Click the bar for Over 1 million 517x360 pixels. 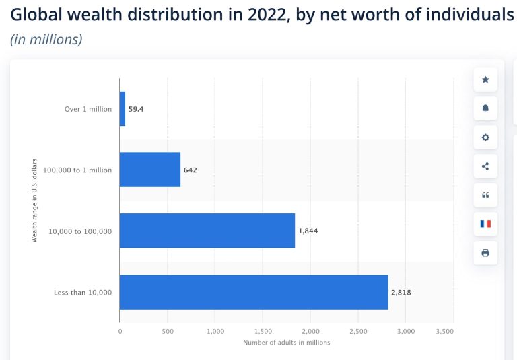[123, 108]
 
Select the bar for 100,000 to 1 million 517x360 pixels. [150, 170]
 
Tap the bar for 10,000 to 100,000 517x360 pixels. [207, 231]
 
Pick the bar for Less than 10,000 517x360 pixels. [254, 292]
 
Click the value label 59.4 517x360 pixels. [136, 108]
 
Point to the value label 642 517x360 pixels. [190, 170]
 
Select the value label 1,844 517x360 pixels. [308, 231]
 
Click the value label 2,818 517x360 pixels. [401, 292]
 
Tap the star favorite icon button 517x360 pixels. [485, 79]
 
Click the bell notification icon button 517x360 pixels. [485, 108]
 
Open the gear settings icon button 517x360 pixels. [485, 137]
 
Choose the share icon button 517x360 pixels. [485, 166]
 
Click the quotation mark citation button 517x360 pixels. [485, 195]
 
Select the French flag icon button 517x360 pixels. [485, 224]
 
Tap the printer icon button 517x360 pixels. [485, 253]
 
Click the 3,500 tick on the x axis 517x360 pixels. [445, 331]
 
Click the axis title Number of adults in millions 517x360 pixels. [287, 343]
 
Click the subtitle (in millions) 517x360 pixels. [46, 40]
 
